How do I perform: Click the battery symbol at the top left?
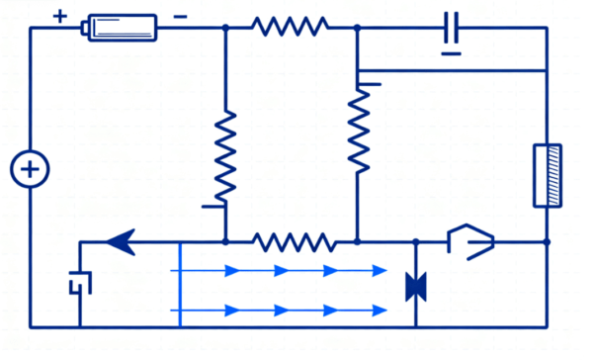tap(122, 28)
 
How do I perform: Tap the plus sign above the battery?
tap(59, 16)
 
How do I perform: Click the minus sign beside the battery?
tap(180, 16)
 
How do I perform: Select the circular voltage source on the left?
tap(30, 170)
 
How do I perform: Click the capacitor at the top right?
tap(452, 29)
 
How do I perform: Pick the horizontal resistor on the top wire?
tap(291, 28)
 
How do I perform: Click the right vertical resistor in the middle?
tap(358, 127)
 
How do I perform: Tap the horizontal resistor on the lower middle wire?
tap(292, 241)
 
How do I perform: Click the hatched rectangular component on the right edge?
tap(548, 176)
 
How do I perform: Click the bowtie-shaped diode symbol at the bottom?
tap(416, 287)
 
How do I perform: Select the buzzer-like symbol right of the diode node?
tap(471, 241)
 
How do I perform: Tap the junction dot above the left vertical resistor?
tap(226, 28)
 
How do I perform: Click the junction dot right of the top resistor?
tap(358, 28)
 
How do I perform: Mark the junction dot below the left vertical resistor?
tap(226, 241)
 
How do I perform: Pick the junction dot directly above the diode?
tap(416, 241)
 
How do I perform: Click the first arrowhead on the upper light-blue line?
tap(234, 269)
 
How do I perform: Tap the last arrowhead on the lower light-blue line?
tap(380, 311)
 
